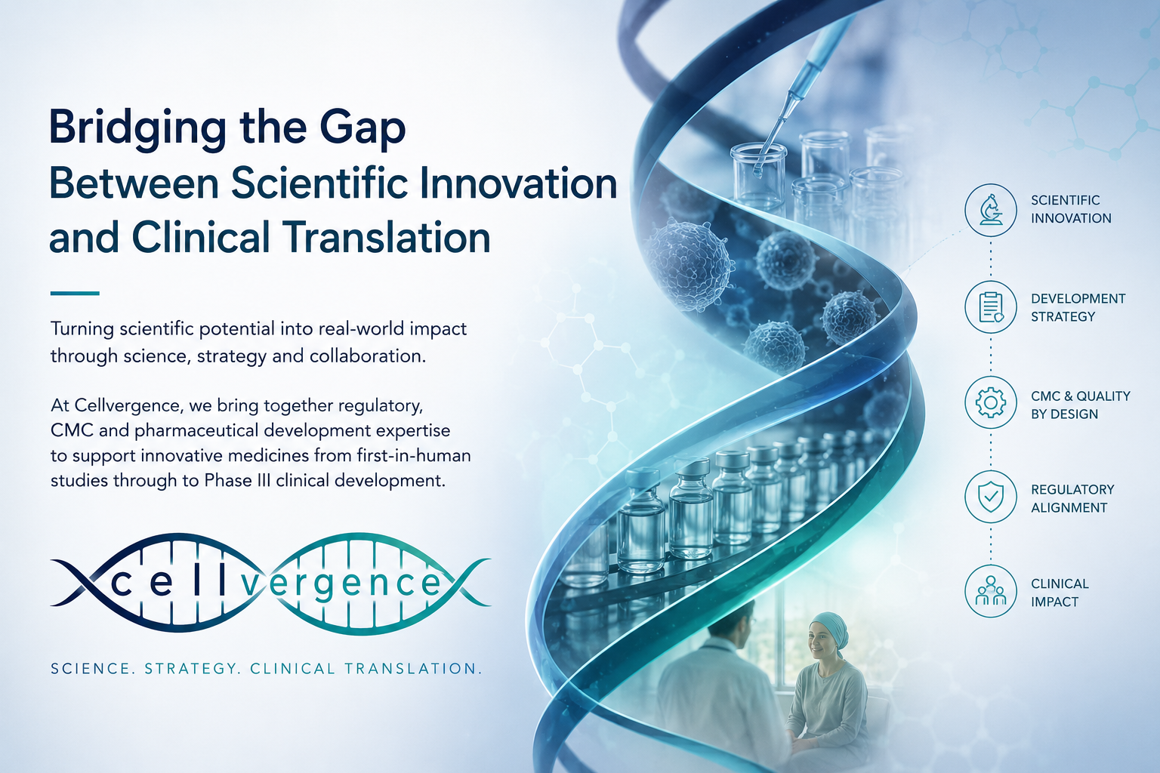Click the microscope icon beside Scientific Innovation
tap(991, 210)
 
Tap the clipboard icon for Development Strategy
tap(991, 307)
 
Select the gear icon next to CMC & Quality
tap(991, 403)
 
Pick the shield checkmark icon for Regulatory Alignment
tap(991, 497)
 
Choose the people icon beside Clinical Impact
tap(991, 591)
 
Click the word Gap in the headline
tap(362, 129)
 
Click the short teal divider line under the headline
tap(75, 293)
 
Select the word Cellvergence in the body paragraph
tap(129, 405)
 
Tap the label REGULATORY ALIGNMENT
tap(1072, 498)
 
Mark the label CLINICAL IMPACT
tap(1060, 593)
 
